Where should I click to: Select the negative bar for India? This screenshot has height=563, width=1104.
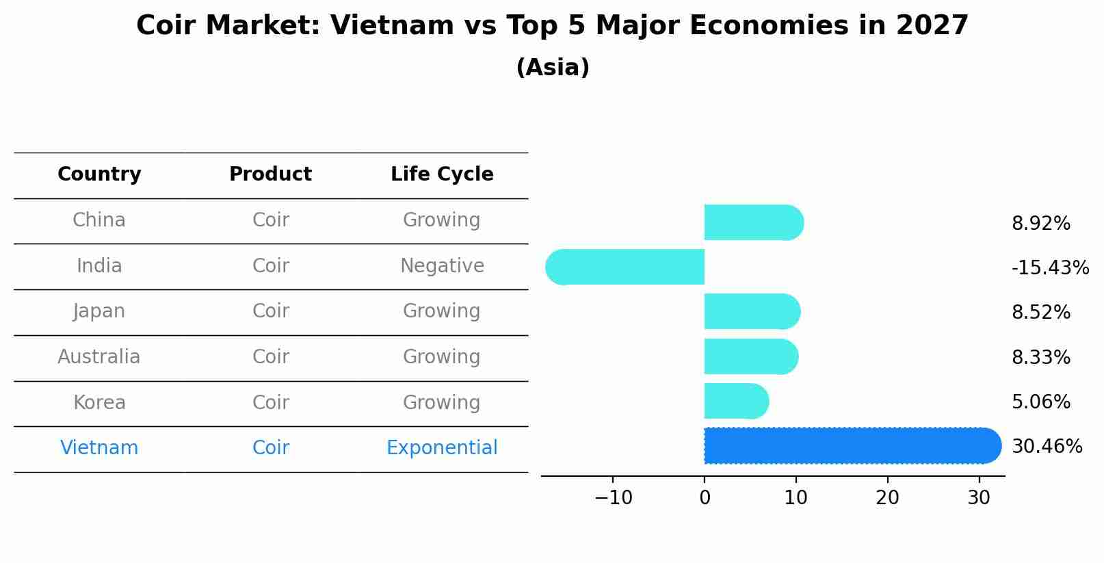click(625, 267)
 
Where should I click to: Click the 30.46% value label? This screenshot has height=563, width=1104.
click(1047, 447)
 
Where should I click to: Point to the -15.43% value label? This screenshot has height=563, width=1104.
click(1050, 267)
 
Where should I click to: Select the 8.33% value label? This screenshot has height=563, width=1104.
click(1040, 357)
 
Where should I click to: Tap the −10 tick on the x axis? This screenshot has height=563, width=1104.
click(613, 498)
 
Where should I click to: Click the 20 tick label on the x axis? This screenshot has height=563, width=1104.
click(887, 498)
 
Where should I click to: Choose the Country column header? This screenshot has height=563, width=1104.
click(99, 174)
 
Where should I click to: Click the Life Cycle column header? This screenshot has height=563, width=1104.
click(442, 174)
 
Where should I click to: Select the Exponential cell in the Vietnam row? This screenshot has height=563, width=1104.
click(442, 448)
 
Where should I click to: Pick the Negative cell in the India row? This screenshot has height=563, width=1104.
click(442, 265)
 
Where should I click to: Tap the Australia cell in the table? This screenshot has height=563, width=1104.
click(99, 357)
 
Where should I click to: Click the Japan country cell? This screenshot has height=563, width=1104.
click(99, 311)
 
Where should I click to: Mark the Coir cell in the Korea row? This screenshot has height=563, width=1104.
click(271, 402)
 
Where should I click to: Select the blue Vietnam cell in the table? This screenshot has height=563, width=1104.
click(99, 448)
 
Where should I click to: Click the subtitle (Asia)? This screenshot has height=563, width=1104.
click(553, 68)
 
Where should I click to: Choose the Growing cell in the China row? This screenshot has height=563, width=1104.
click(442, 220)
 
